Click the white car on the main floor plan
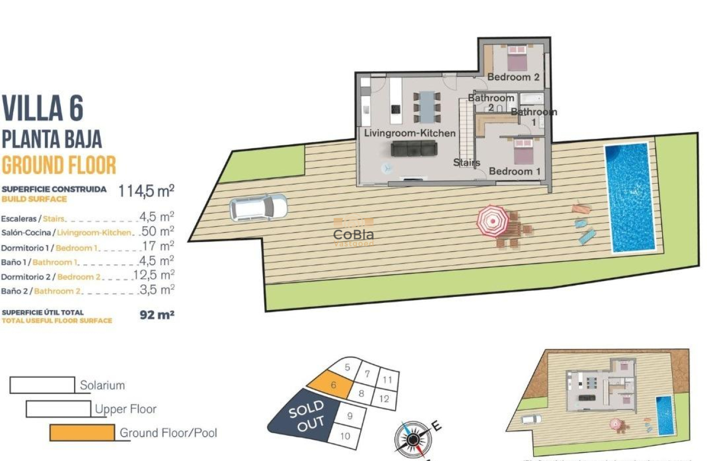pos(258,207)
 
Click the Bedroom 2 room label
pos(513,77)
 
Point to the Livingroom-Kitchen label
pos(410,133)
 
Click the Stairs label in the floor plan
pos(466,162)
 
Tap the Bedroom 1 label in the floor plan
pos(515,171)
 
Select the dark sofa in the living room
pos(414,148)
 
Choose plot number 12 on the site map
pos(384,399)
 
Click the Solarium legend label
pos(102,385)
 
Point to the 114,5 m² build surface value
pos(146,190)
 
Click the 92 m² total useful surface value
pos(157,315)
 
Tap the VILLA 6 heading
pos(43,109)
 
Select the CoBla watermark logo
pos(353,235)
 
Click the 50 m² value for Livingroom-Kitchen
pos(158,231)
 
